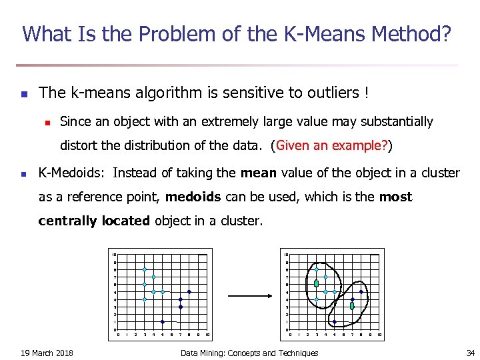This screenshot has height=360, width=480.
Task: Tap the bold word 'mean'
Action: click(258, 173)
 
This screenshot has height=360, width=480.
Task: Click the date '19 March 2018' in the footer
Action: click(47, 353)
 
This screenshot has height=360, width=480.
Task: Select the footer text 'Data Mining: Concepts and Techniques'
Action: click(249, 353)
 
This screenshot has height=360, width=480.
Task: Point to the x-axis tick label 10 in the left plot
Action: click(207, 334)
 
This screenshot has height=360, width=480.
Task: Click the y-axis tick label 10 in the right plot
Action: click(286, 255)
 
